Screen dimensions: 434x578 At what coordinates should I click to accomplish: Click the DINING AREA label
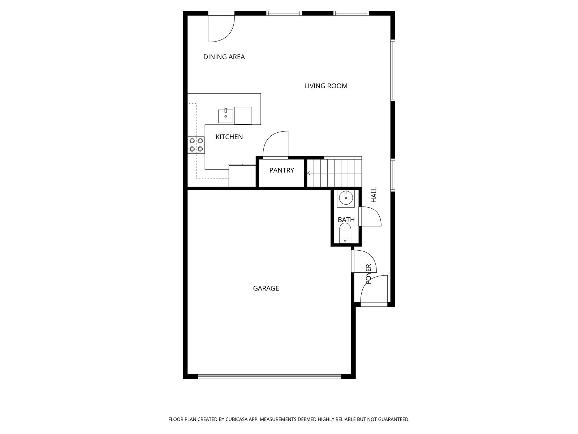[224, 57]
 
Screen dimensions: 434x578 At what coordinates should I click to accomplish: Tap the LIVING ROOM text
[325, 86]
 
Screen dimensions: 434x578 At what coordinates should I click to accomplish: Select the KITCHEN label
[229, 137]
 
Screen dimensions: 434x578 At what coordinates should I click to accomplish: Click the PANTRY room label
[281, 170]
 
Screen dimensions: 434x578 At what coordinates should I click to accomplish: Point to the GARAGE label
[266, 288]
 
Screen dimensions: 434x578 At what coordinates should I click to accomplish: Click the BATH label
[346, 220]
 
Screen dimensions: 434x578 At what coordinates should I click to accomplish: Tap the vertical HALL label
[374, 195]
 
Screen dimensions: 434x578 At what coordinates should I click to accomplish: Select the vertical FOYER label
[368, 274]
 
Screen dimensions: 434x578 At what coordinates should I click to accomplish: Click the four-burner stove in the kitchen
[196, 145]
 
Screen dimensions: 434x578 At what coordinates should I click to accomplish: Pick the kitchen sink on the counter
[225, 116]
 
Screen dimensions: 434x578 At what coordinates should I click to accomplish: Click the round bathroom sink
[346, 197]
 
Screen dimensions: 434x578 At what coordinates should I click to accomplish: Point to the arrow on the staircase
[309, 173]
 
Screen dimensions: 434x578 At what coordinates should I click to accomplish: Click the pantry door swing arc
[276, 145]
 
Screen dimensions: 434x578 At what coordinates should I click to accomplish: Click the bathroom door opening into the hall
[370, 217]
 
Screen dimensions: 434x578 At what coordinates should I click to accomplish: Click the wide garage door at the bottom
[269, 376]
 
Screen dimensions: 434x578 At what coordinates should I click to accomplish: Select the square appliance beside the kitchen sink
[243, 115]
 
